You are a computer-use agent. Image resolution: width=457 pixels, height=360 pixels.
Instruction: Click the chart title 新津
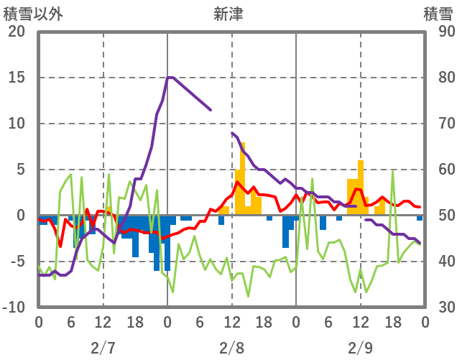click(228, 14)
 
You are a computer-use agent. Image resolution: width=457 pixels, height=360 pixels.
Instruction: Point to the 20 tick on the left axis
click(17, 32)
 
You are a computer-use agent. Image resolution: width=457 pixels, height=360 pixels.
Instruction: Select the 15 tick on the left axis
click(17, 78)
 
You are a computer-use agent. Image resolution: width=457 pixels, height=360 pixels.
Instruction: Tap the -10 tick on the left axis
click(14, 308)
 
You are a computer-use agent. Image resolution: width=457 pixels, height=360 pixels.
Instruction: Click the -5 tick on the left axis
click(17, 262)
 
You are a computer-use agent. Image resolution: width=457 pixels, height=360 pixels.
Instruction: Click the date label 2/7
click(103, 348)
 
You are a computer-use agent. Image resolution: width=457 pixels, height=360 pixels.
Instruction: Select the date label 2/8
click(231, 348)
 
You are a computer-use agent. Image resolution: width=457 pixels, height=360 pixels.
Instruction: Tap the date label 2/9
click(361, 348)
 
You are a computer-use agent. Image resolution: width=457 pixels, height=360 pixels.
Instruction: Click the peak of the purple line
click(169, 77)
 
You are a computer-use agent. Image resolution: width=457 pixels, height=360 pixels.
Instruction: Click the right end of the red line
click(420, 207)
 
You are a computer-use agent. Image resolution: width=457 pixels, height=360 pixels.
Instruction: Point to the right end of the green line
click(420, 242)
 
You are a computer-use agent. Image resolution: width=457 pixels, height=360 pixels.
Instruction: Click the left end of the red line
click(39, 218)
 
